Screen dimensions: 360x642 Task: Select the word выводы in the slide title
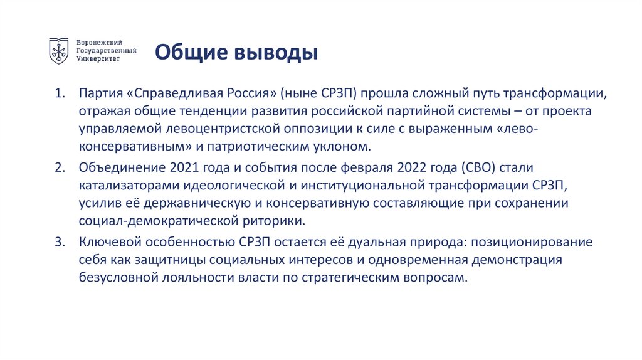(x=276, y=53)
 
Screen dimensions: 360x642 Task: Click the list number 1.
(x=59, y=94)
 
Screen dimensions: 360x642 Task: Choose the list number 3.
(x=60, y=242)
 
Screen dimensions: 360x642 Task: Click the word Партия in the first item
(x=100, y=94)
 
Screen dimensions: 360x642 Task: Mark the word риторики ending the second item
(x=273, y=221)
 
